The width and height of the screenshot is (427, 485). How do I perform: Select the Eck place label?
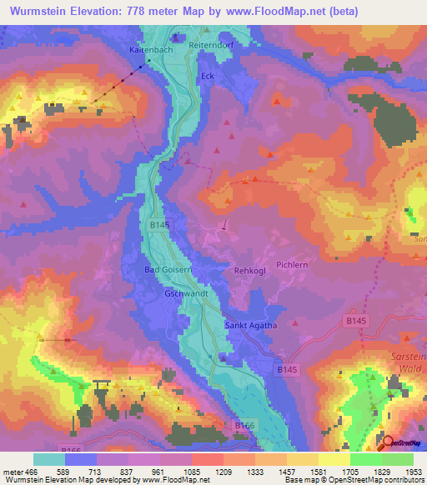(x=208, y=77)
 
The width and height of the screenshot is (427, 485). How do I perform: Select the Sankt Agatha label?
(x=250, y=325)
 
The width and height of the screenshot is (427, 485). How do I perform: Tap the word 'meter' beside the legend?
(x=13, y=472)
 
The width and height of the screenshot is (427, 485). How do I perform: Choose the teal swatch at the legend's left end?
(x=48, y=459)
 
